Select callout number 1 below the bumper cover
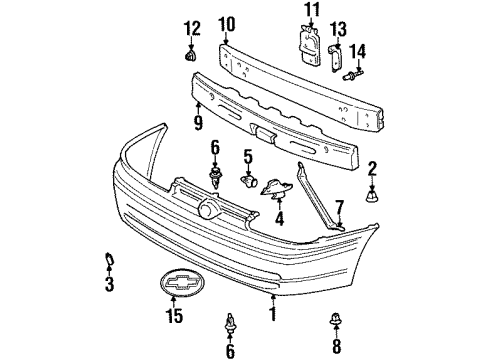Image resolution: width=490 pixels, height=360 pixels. tap(270, 311)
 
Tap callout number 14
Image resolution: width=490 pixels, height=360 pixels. tap(358, 50)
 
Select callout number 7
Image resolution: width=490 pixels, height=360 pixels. tap(339, 208)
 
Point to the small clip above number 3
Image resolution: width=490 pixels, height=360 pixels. tap(108, 263)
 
